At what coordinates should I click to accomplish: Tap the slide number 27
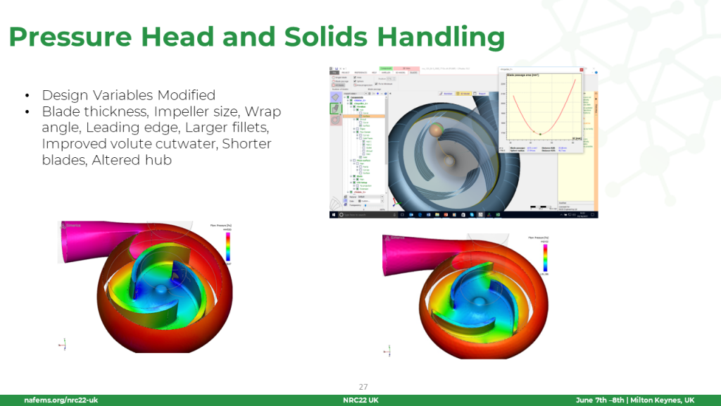[363, 386]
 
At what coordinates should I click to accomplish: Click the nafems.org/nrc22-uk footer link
[61, 400]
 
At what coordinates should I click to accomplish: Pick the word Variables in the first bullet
[119, 95]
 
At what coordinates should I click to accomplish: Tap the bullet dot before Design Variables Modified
[27, 95]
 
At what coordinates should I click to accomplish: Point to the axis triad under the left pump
[63, 344]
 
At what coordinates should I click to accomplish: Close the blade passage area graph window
[582, 70]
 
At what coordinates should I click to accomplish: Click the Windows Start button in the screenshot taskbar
[333, 214]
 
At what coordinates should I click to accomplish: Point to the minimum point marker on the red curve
[540, 133]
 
